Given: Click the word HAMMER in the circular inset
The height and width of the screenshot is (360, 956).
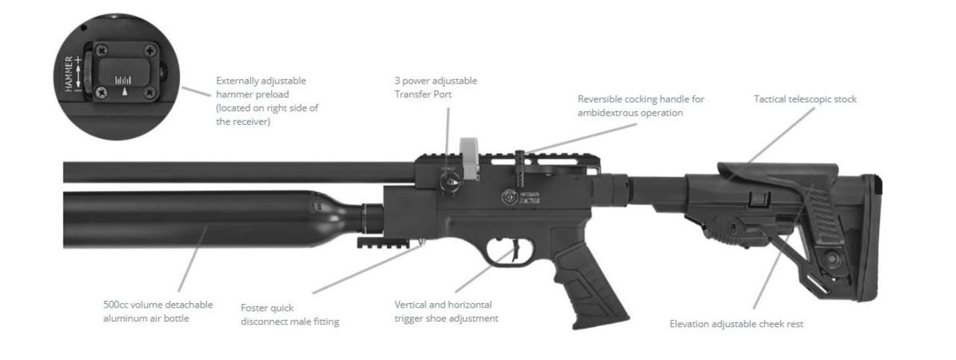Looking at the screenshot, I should coord(69,72).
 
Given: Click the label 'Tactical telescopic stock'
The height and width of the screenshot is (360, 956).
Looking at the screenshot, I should coord(804,99).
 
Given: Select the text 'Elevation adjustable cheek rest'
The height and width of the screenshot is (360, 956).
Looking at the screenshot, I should coord(736,324).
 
